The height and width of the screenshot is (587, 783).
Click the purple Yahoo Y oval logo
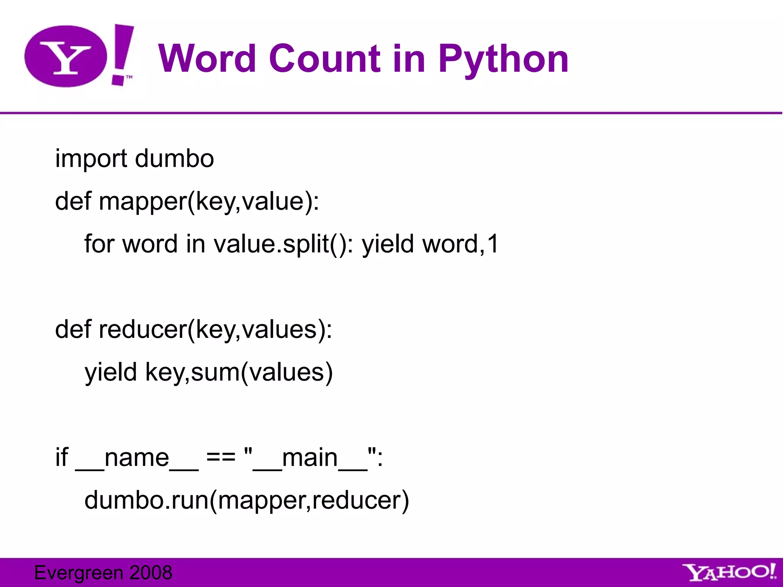point(65,57)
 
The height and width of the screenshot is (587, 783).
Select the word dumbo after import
point(174,159)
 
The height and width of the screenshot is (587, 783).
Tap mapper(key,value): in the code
point(209,201)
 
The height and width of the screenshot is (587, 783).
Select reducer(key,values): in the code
point(215,329)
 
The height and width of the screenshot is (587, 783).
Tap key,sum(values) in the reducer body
point(239,372)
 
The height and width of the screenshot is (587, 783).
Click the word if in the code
point(62,457)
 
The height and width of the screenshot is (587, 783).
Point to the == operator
point(221,457)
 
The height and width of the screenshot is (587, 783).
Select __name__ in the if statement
point(137,458)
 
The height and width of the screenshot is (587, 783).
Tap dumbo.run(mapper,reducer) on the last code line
point(247,500)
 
